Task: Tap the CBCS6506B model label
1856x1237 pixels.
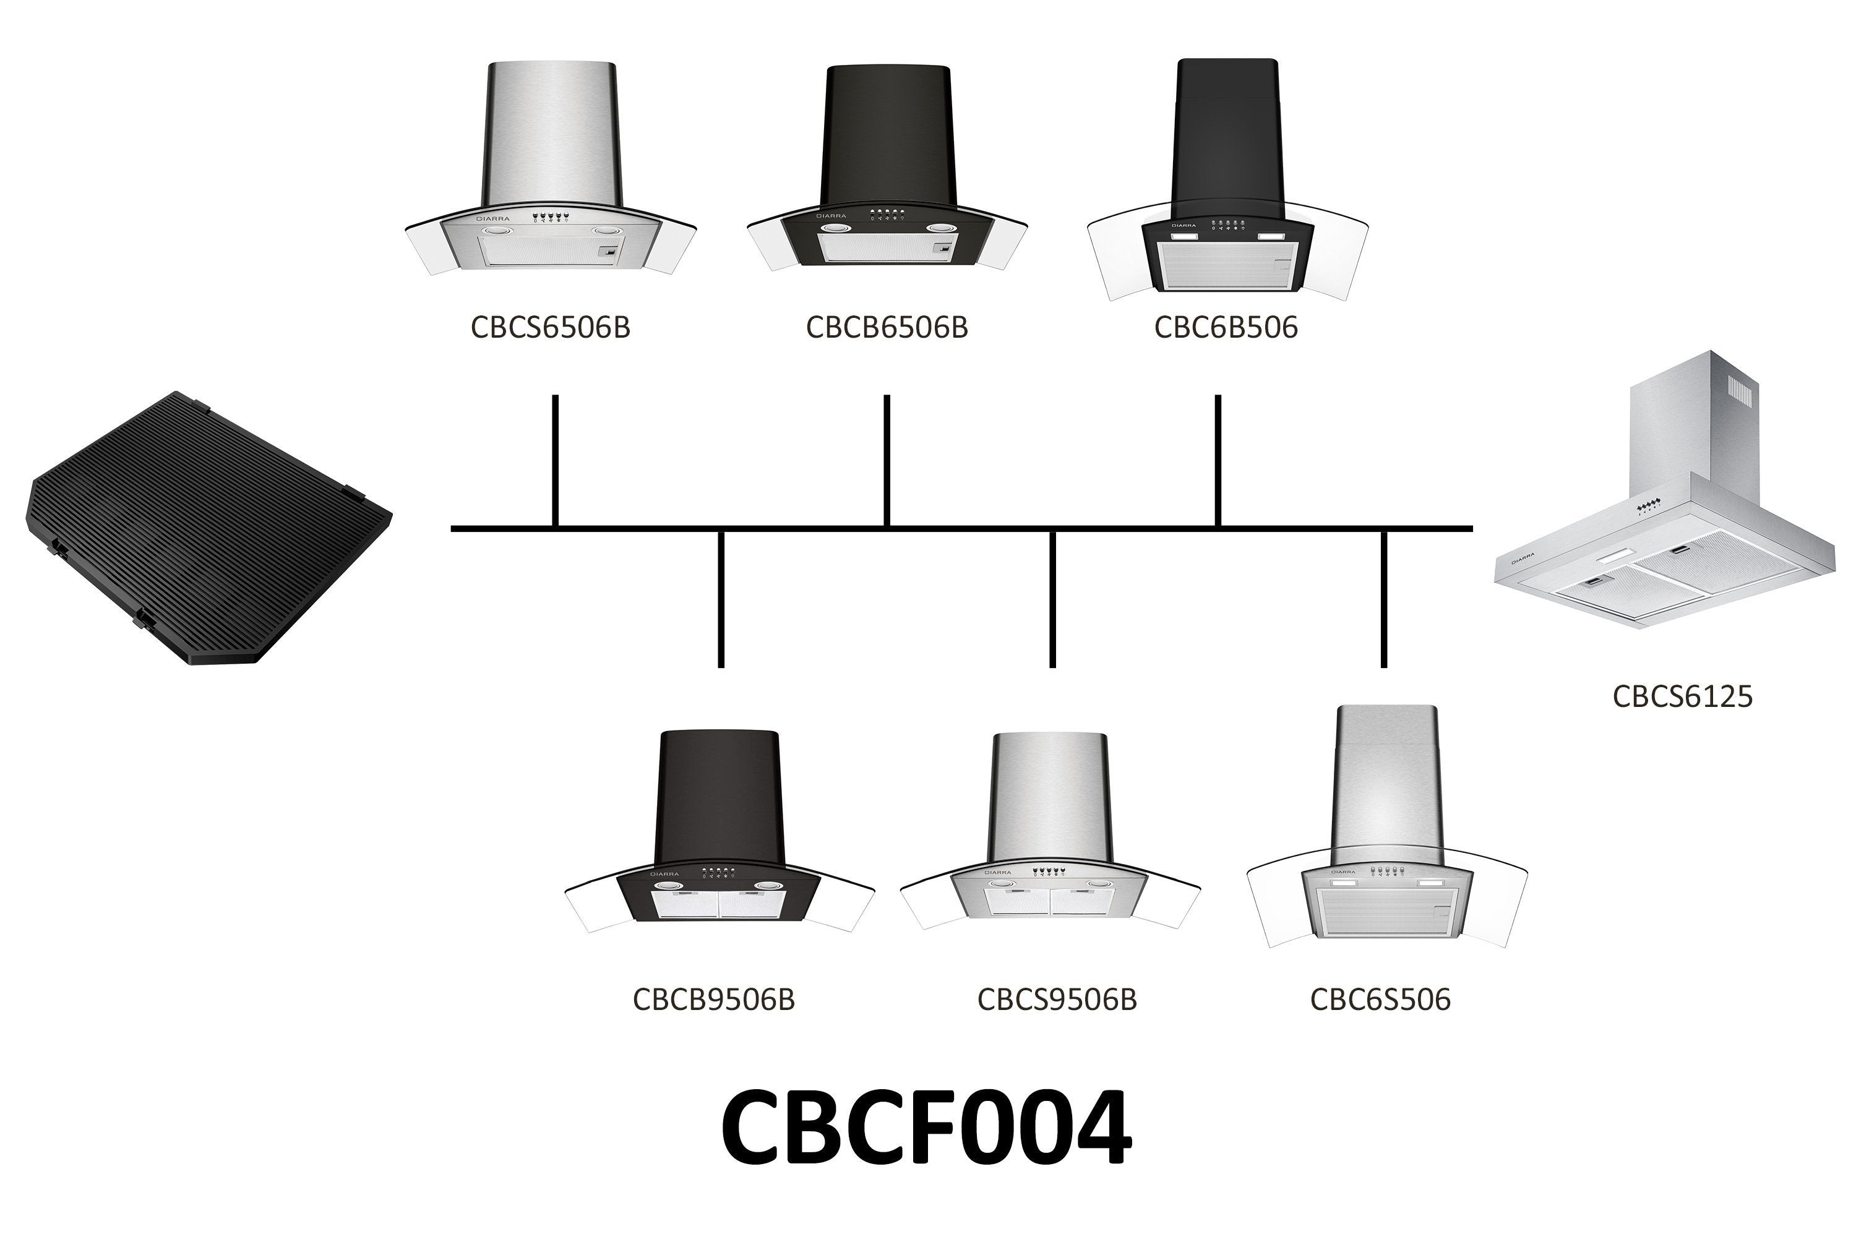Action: point(550,327)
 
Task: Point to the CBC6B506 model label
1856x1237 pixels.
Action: point(1226,327)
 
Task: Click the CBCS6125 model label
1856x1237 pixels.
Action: point(1682,696)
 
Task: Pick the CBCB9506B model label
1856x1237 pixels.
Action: point(713,999)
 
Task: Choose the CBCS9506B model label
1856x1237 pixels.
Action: point(1057,999)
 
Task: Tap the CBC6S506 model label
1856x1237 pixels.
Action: point(1380,999)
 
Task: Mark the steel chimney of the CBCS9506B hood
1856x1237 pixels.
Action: point(1050,797)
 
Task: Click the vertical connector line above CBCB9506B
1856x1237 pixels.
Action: point(721,599)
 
